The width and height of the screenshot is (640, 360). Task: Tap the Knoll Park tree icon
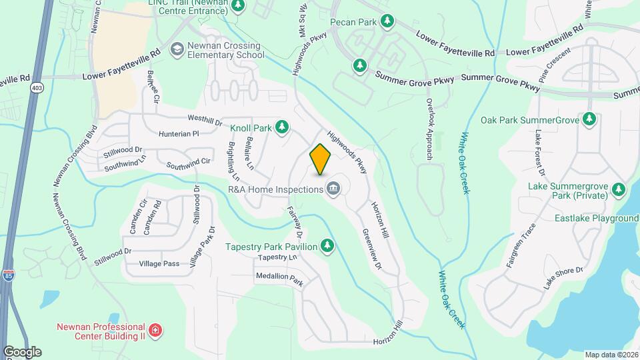tap(282, 127)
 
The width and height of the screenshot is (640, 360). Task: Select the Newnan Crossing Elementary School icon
tap(177, 49)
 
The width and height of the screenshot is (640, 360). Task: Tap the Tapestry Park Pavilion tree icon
tap(327, 246)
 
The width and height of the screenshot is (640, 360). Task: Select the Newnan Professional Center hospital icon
tap(155, 331)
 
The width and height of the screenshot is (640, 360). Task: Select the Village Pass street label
tap(159, 264)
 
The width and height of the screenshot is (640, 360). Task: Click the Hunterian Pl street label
tap(179, 133)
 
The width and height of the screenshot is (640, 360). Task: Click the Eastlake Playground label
tap(596, 218)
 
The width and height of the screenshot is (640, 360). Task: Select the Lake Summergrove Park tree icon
tap(619, 190)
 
